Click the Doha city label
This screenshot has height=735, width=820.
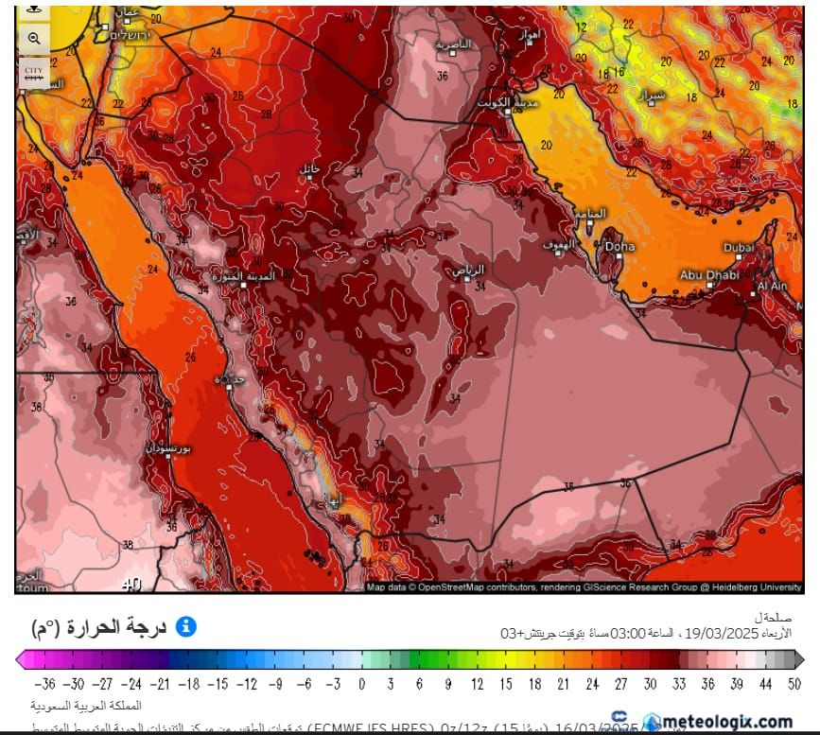tap(620, 247)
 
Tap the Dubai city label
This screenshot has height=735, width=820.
tap(739, 247)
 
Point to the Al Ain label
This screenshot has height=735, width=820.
tap(772, 286)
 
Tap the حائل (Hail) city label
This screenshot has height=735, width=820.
tap(310, 168)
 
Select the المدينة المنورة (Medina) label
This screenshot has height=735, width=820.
tap(250, 276)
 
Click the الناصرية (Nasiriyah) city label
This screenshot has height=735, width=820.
tap(452, 44)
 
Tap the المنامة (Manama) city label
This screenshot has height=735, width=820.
tap(591, 214)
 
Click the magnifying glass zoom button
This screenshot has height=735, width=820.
tap(34, 39)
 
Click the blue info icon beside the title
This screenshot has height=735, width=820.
tap(186, 626)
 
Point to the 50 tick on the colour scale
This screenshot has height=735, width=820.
tap(794, 683)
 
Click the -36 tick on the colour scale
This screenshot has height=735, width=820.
tap(44, 683)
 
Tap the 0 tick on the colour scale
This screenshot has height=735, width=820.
tap(361, 683)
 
